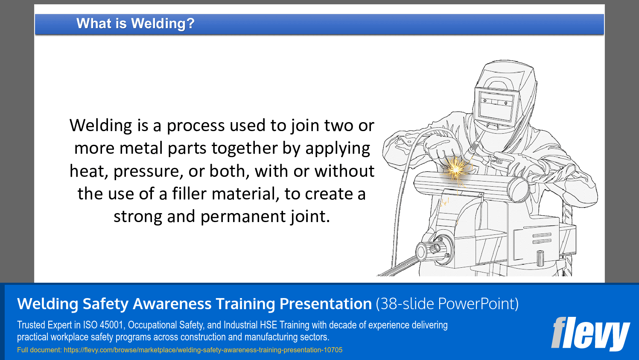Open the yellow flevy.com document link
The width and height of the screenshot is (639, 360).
coord(203,350)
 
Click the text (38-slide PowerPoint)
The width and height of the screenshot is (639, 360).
coord(447,304)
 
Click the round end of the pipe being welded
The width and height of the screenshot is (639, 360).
coord(518,190)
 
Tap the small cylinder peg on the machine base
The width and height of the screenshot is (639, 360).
coord(540,258)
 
